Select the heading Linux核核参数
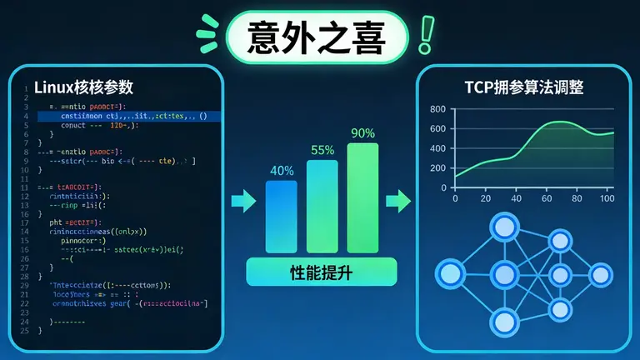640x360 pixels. [x=83, y=87]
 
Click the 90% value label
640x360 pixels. [x=363, y=133]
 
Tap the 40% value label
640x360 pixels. [x=282, y=170]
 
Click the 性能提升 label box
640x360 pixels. [x=322, y=272]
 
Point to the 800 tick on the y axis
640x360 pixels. [x=438, y=109]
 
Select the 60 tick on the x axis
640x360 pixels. [x=547, y=199]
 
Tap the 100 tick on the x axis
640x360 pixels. [x=607, y=199]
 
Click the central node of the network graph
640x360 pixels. [x=503, y=273]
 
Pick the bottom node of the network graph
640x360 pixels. [x=503, y=321]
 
